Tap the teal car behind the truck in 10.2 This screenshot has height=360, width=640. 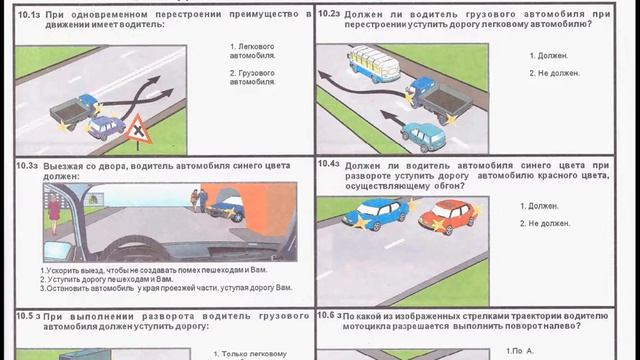pyautogui.click(x=423, y=132)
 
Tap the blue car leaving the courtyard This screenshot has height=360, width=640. pyautogui.click(x=228, y=208)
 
